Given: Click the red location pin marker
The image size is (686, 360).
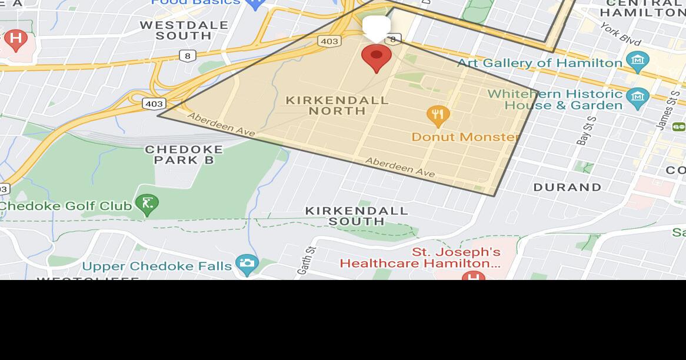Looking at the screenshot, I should (x=377, y=58).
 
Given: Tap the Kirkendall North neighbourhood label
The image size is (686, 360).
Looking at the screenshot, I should (x=337, y=105).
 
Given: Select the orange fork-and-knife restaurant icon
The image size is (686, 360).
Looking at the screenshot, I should (x=438, y=116).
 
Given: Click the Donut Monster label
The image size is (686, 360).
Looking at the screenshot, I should (x=465, y=137).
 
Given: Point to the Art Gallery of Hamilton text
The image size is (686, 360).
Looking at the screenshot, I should (x=540, y=63).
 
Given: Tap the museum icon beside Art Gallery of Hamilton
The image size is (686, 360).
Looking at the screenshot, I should (x=637, y=60).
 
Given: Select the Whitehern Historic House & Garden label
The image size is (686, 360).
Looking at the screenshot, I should (x=555, y=99).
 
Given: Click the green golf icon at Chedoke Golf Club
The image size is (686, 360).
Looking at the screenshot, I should (x=146, y=204).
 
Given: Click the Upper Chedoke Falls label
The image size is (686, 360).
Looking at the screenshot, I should (x=157, y=266).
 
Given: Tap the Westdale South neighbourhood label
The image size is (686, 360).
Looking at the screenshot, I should (x=184, y=30).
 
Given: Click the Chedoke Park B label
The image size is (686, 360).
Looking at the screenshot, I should (x=184, y=154).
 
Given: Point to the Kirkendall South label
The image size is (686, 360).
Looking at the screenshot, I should (x=357, y=215).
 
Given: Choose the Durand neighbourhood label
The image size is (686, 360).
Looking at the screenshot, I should (x=567, y=187).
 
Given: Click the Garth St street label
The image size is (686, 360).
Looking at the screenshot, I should (x=308, y=259).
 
